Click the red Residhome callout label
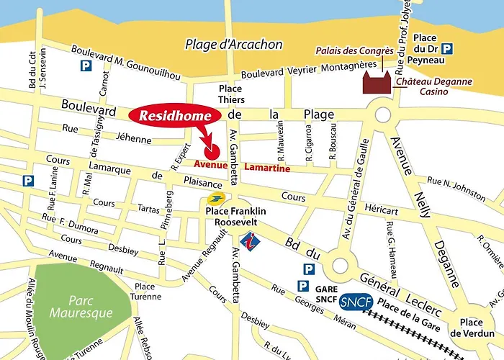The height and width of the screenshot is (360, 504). click(x=171, y=115)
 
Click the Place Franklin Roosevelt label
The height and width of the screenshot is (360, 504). click(x=236, y=216)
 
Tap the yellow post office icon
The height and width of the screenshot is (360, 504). click(x=215, y=199)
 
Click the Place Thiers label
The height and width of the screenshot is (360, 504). click(x=231, y=94)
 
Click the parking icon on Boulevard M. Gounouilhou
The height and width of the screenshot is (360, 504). click(x=86, y=66)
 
